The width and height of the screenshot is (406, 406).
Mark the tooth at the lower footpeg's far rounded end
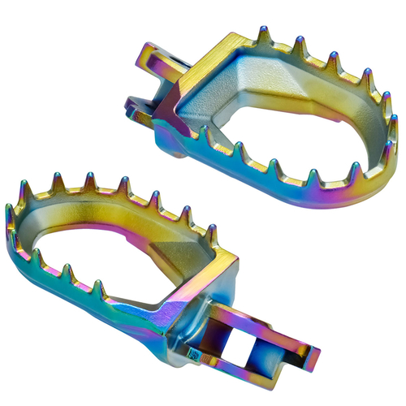[11, 216]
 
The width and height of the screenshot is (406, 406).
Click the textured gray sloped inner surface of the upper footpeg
[244, 89]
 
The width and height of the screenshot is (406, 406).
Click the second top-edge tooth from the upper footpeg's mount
[300, 45]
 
